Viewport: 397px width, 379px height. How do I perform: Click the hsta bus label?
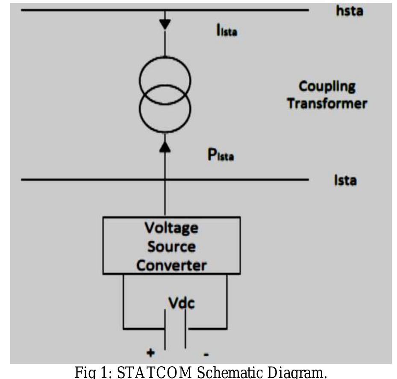coord(349,11)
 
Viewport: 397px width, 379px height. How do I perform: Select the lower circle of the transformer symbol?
coord(165,108)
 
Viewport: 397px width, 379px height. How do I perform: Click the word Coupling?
coord(327,87)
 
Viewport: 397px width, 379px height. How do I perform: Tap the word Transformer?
coord(327,104)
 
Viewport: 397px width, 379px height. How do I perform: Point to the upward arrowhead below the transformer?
coord(165,147)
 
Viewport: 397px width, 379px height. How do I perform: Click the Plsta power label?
coord(221,155)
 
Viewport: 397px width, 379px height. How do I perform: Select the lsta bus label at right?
coord(345,181)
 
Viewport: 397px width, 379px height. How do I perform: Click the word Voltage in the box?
coord(171,228)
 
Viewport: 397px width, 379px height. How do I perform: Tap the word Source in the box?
coord(171,247)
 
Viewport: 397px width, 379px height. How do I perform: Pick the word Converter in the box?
coord(171,265)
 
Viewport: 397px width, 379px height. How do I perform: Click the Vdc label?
coord(181,304)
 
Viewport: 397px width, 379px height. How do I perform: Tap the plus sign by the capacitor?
coord(150,353)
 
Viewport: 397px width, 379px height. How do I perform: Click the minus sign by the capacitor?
coord(206,354)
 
